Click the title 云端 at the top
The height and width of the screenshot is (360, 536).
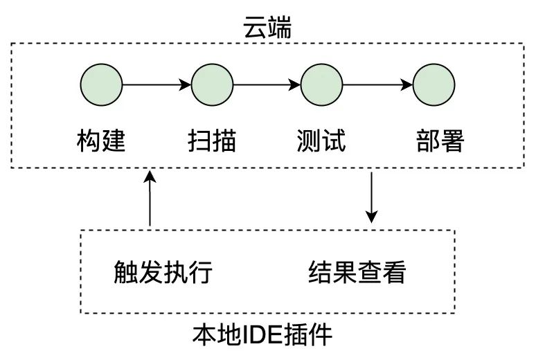(x=267, y=28)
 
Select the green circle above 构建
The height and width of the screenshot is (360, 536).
(x=101, y=84)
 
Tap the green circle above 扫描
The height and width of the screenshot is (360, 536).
(x=212, y=84)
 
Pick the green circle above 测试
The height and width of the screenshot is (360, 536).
(x=321, y=84)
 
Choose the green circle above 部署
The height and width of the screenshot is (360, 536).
(x=434, y=84)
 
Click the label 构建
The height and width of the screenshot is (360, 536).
(x=101, y=140)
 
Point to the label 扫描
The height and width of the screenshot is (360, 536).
(x=212, y=140)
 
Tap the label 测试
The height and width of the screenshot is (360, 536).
(x=321, y=140)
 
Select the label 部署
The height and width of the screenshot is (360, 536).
(x=440, y=140)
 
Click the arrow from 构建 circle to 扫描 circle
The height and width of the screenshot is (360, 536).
(x=157, y=84)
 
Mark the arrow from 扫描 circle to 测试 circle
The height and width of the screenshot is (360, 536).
(x=267, y=84)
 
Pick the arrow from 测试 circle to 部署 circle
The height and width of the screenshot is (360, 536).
(x=377, y=84)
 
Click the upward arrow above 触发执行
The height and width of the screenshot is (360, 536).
(x=150, y=198)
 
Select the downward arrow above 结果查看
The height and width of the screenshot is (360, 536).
(x=371, y=197)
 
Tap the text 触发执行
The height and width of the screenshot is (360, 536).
(x=163, y=272)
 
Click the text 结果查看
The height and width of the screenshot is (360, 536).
(x=357, y=272)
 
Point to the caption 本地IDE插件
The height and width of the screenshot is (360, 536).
(x=262, y=334)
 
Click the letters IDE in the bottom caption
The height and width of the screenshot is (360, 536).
(x=262, y=334)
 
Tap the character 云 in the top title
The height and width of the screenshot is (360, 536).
(x=255, y=28)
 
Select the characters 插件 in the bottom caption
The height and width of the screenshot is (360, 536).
(x=307, y=334)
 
